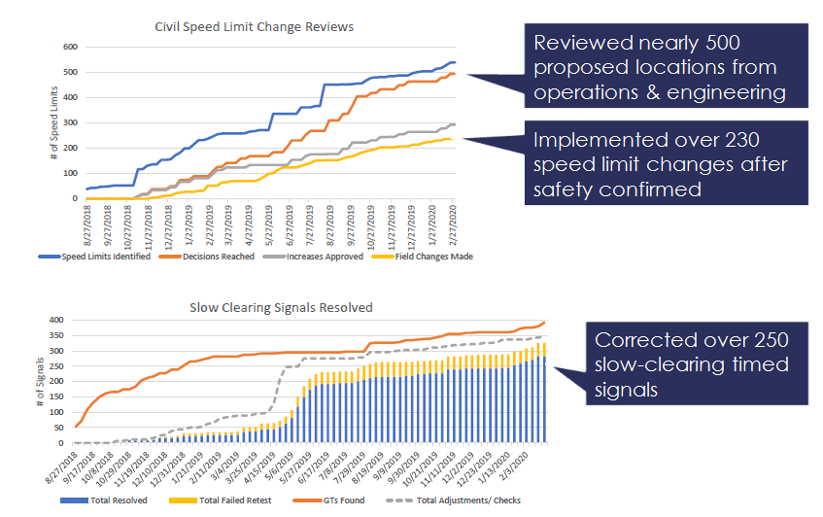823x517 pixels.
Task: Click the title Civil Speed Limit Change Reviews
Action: click(x=255, y=27)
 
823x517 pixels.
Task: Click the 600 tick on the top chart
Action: click(x=71, y=47)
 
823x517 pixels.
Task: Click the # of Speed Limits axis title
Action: click(x=55, y=122)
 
